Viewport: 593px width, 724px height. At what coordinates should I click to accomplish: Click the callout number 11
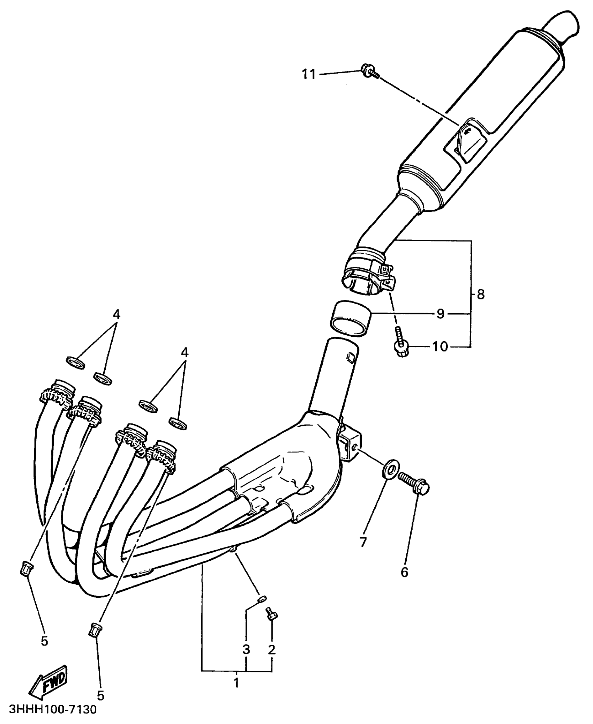pyautogui.click(x=308, y=74)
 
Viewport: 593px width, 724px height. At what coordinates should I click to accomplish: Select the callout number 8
pyautogui.click(x=480, y=294)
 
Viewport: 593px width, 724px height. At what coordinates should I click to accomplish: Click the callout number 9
pyautogui.click(x=440, y=314)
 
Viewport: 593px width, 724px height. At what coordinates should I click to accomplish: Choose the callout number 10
pyautogui.click(x=440, y=347)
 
